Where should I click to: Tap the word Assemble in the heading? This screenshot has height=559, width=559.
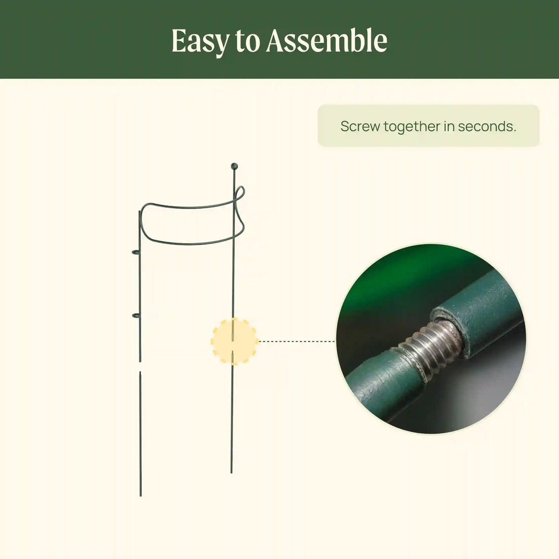pyautogui.click(x=327, y=41)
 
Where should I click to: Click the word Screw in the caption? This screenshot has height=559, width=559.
pyautogui.click(x=360, y=126)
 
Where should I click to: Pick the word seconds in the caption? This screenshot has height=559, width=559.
pyautogui.click(x=487, y=126)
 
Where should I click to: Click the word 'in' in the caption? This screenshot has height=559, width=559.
pyautogui.click(x=449, y=126)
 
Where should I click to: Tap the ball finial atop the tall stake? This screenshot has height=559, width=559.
pyautogui.click(x=234, y=166)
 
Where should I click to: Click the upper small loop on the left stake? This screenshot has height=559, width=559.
pyautogui.click(x=136, y=252)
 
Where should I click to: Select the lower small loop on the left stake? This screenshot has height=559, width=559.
pyautogui.click(x=136, y=315)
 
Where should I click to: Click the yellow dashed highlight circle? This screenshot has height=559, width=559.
pyautogui.click(x=234, y=341)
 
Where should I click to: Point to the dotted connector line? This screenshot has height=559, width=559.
pyautogui.click(x=296, y=341)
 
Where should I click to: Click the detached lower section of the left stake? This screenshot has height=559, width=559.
pyautogui.click(x=140, y=434)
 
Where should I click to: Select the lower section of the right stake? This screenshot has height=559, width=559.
pyautogui.click(x=232, y=412)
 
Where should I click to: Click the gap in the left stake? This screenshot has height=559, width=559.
pyautogui.click(x=140, y=367)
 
